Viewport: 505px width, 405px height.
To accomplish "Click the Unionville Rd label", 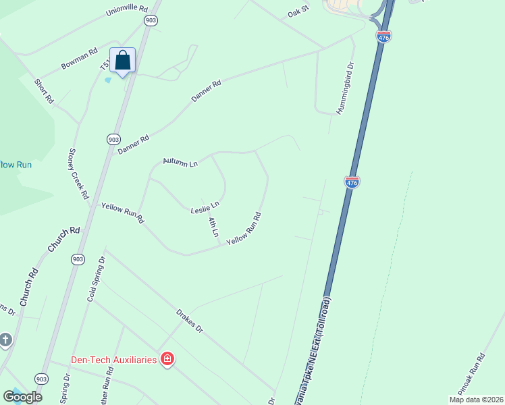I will click(x=126, y=11).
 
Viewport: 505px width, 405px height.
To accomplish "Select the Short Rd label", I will click(x=44, y=90).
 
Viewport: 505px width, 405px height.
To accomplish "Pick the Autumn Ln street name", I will click(x=180, y=163).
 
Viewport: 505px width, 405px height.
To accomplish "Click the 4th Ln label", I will click(x=213, y=227).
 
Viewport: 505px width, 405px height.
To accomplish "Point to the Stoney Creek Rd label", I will click(x=79, y=173).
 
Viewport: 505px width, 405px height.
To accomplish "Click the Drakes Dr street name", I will click(x=189, y=322).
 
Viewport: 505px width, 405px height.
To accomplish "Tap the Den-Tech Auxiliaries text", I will click(x=114, y=360).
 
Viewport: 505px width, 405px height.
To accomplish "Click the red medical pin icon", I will click(x=167, y=359).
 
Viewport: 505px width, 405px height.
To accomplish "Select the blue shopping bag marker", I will click(x=122, y=61).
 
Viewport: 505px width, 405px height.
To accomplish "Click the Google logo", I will click(x=22, y=397).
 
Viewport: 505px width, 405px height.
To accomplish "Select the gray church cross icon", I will click(x=5, y=340).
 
